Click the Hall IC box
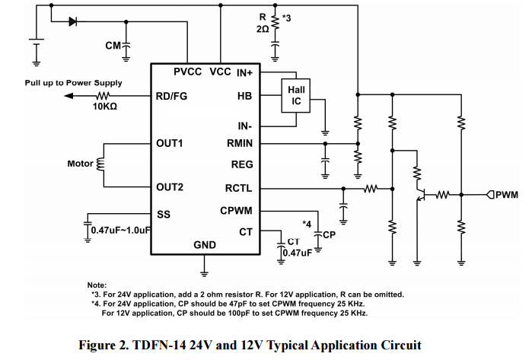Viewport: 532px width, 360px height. pos(296,96)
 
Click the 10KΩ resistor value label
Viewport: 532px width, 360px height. pos(105,107)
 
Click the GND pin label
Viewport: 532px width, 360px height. pos(205,245)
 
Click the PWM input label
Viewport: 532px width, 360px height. pos(507,195)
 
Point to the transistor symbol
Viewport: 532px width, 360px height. pos(419,188)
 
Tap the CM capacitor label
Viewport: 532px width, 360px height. pos(113,46)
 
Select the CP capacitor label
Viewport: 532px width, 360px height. pos(329,235)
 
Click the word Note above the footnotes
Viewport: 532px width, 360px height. pos(97,284)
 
